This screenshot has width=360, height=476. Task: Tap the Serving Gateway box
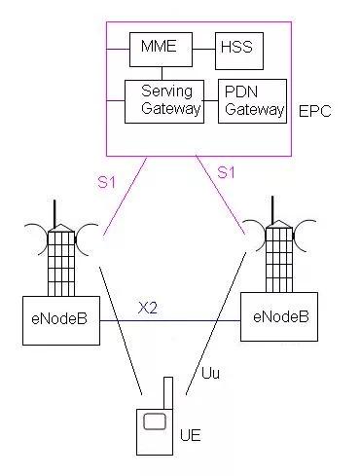[163, 100]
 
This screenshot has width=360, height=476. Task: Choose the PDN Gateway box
[252, 100]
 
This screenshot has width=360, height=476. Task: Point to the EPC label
[313, 112]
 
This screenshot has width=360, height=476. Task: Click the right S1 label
[226, 172]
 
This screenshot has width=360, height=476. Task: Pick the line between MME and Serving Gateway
[162, 70]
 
